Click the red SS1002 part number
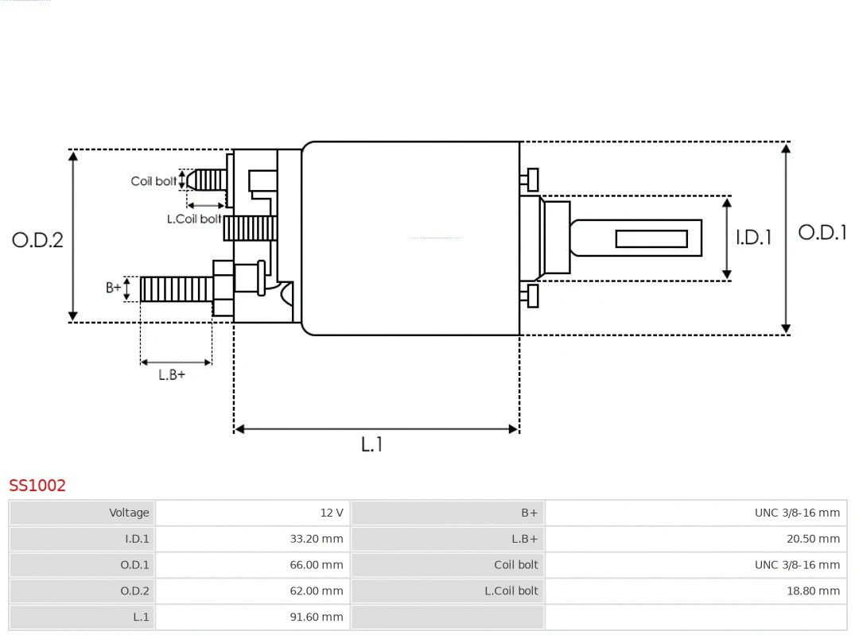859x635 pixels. pyautogui.click(x=37, y=485)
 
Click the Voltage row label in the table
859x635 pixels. pyautogui.click(x=129, y=513)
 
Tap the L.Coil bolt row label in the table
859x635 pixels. pyautogui.click(x=511, y=590)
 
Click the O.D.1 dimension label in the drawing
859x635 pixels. pyautogui.click(x=822, y=233)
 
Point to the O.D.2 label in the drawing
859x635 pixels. pyautogui.click(x=37, y=240)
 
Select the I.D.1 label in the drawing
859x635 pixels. pyautogui.click(x=753, y=238)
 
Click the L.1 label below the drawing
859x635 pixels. pyautogui.click(x=372, y=444)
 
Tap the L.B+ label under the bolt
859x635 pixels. pyautogui.click(x=172, y=374)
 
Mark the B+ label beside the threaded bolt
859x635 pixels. pyautogui.click(x=114, y=288)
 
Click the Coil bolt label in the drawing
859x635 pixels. pyautogui.click(x=154, y=181)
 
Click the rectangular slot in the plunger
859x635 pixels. pyautogui.click(x=651, y=238)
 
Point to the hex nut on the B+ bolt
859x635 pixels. pyautogui.click(x=223, y=288)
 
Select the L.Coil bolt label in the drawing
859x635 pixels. pyautogui.click(x=194, y=219)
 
